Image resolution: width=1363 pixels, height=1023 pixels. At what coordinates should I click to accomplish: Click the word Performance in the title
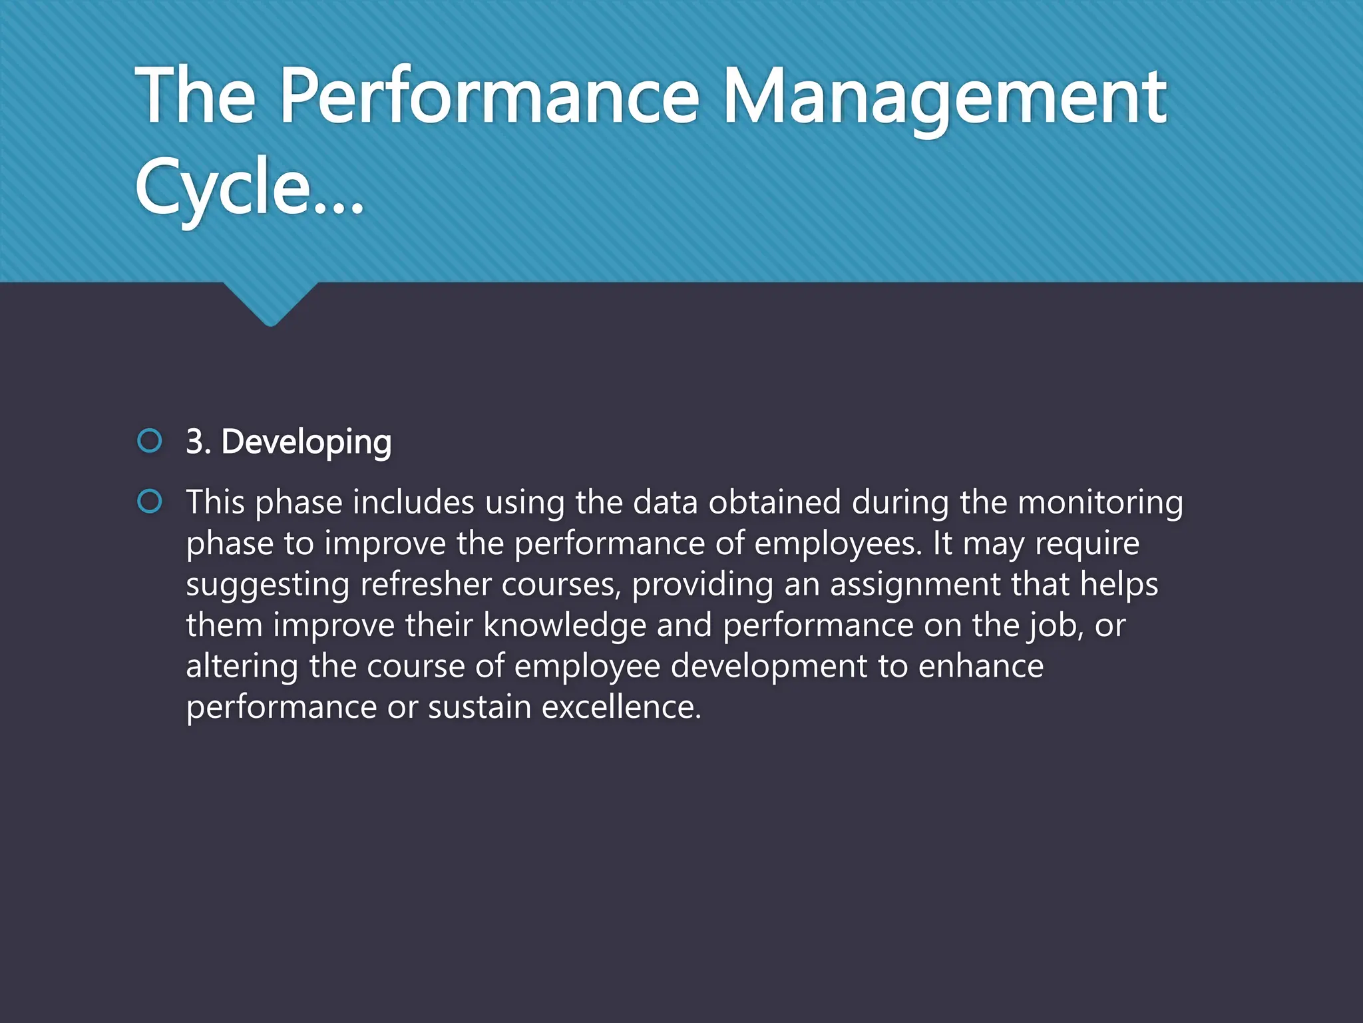489,97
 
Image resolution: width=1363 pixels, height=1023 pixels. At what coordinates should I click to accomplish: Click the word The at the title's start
195,97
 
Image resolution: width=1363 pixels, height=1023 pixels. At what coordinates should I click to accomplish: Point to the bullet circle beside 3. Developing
150,440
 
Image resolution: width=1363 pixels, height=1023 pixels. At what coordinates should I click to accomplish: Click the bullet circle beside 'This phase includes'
150,502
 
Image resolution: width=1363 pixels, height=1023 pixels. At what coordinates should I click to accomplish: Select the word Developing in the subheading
306,442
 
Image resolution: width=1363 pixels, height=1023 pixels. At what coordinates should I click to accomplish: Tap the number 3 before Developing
194,442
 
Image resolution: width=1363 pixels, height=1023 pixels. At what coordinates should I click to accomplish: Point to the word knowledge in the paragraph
564,625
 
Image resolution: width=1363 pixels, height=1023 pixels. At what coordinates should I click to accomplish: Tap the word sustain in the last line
479,707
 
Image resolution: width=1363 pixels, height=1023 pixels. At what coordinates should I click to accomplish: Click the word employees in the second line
838,543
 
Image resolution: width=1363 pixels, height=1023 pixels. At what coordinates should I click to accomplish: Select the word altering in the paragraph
242,667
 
